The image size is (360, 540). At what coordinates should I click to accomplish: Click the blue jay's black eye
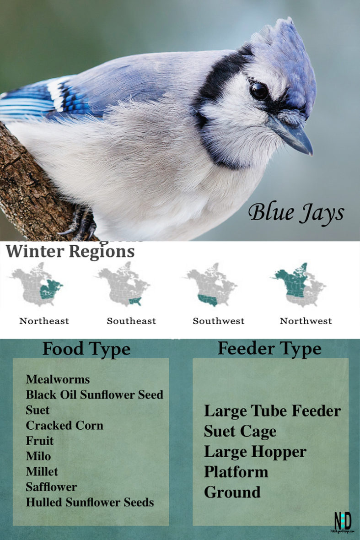point(259,91)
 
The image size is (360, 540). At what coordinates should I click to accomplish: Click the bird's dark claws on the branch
point(82,224)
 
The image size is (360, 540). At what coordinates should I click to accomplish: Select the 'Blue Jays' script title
point(296,213)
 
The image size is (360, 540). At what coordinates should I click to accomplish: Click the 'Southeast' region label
point(131,321)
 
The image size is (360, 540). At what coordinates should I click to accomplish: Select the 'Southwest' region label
point(218,321)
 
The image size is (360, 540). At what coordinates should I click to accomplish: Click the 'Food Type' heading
point(86,349)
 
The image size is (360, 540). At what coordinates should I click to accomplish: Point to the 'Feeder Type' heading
point(269,349)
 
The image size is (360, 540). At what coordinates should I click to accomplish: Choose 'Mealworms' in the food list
point(58,379)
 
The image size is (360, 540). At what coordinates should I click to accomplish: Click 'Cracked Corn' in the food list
point(64,425)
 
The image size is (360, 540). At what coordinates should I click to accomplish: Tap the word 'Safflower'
point(51,486)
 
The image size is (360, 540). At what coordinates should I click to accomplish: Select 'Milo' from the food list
point(38,456)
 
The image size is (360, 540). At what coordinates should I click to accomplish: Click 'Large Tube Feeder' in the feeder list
point(272,410)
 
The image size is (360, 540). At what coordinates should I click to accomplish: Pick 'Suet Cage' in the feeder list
point(240,431)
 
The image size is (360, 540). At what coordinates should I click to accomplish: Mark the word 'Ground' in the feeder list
point(232,492)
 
